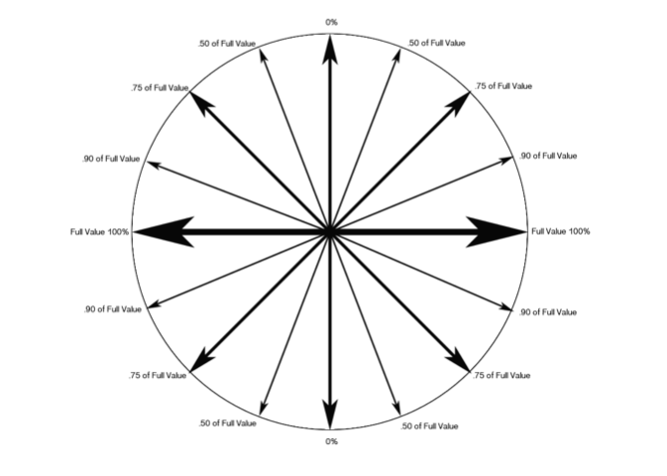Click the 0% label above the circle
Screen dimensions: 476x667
pos(330,23)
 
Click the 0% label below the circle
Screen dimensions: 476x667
pos(330,440)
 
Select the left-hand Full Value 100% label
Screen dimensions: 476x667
pos(100,232)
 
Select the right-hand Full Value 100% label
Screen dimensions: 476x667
pos(561,231)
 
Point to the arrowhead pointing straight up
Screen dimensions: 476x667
pos(330,50)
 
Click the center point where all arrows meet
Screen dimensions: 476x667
pos(330,231)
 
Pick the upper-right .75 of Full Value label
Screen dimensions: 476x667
pos(503,86)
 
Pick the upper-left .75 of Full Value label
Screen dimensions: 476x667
pos(159,88)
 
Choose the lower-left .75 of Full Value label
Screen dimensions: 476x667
pos(158,375)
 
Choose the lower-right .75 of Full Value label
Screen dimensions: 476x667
pos(501,375)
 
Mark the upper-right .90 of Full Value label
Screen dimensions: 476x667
pos(548,157)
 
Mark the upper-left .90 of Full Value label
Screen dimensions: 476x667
pos(111,159)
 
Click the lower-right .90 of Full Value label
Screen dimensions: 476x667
pos(548,312)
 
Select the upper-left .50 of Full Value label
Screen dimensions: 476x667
pos(227,44)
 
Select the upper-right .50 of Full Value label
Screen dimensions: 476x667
pos(436,44)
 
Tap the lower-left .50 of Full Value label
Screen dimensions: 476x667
pos(227,423)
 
